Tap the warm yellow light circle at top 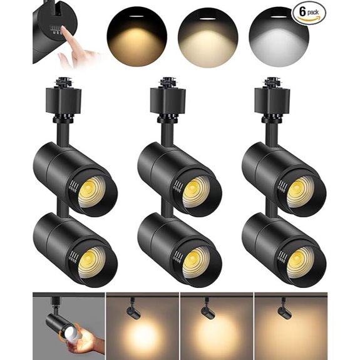pyautogui.click(x=136, y=34)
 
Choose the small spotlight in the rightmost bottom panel pyautogui.click(x=283, y=309)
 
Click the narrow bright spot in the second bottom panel pyautogui.click(x=141, y=341)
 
